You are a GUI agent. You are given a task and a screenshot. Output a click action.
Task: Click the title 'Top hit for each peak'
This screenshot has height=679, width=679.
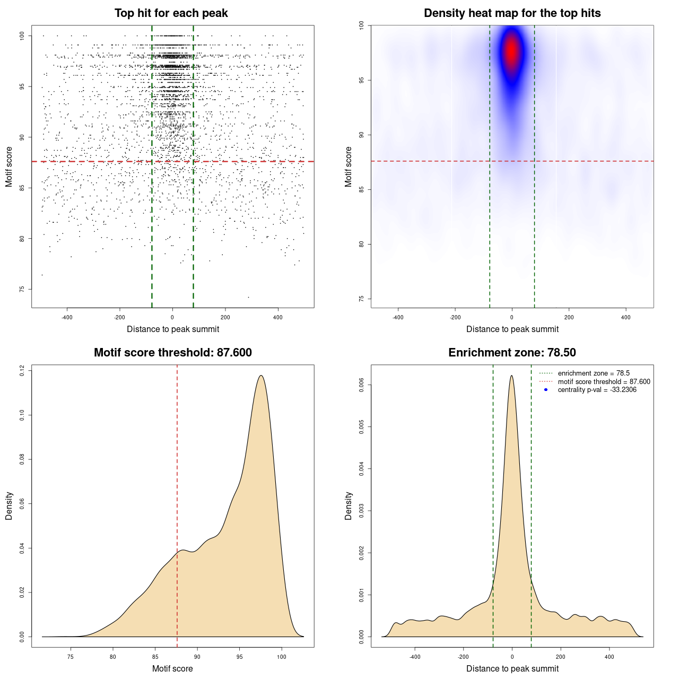(171, 13)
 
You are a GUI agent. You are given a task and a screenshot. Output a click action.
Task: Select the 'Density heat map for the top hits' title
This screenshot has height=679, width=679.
(512, 13)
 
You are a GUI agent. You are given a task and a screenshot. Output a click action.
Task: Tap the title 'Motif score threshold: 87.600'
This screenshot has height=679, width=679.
(172, 353)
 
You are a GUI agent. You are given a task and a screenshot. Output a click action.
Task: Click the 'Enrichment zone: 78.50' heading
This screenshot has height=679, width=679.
(512, 353)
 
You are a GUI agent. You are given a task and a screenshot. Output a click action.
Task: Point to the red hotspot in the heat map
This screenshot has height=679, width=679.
(511, 52)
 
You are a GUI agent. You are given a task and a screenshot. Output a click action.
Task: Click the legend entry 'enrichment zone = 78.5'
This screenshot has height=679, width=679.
(593, 373)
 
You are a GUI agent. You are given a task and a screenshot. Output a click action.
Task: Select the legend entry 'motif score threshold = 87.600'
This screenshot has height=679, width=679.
(604, 382)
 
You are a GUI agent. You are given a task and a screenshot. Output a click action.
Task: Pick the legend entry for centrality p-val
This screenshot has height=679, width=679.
(597, 390)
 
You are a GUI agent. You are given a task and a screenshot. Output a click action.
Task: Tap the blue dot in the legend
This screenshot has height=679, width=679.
(546, 390)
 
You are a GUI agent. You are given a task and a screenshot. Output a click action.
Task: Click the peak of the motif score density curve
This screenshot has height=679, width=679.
(261, 376)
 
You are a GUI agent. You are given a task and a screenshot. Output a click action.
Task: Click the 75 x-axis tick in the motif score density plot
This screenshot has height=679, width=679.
(71, 657)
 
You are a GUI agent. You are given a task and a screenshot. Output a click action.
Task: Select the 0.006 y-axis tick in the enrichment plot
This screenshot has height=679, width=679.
(361, 385)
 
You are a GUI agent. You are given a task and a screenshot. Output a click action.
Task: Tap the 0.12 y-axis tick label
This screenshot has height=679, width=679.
(22, 371)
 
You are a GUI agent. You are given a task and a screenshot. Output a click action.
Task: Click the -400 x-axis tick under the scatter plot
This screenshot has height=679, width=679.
(67, 317)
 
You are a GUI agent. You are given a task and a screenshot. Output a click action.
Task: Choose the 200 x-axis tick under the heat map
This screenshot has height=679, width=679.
(569, 317)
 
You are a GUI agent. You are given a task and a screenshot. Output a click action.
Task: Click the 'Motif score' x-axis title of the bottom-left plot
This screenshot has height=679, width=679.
(172, 668)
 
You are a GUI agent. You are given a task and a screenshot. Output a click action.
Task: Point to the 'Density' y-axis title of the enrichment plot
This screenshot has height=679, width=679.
(349, 506)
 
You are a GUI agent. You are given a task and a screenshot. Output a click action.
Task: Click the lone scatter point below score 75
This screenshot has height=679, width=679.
(248, 297)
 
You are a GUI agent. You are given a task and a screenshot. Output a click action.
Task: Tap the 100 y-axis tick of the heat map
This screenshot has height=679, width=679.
(361, 25)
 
